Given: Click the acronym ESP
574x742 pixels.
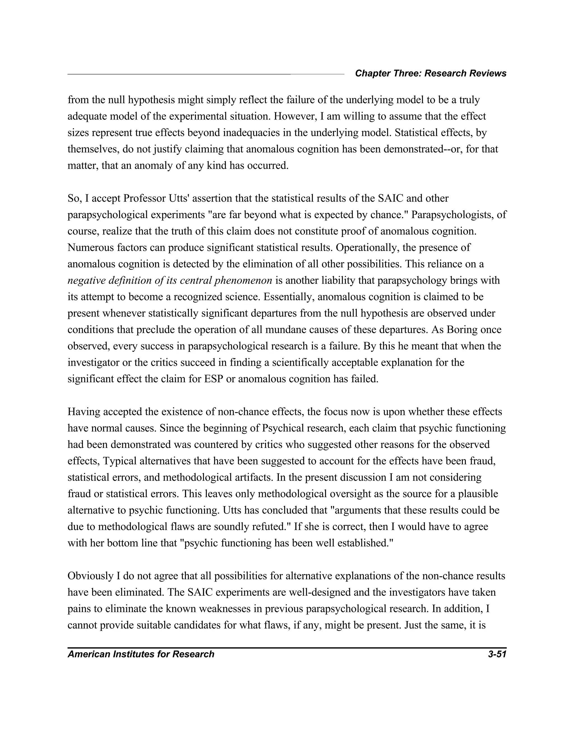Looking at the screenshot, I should (x=214, y=379).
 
